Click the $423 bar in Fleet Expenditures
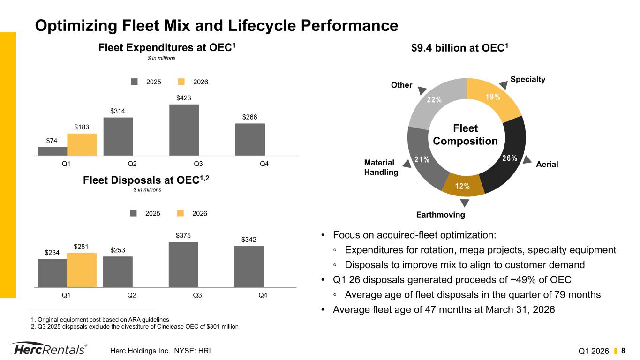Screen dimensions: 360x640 184,129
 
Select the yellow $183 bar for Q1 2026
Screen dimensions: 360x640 82,144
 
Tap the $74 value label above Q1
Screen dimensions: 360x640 52,141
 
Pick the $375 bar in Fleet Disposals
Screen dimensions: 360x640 183,264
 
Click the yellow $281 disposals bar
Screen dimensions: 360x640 82,270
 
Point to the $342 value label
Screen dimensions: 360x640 249,240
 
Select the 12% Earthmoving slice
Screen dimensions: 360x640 463,185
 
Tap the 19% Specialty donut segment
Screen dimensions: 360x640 492,98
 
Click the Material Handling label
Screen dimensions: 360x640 381,167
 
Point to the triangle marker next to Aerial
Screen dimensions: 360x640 527,159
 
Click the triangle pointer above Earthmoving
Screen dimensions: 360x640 464,202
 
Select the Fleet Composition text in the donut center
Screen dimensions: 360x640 466,135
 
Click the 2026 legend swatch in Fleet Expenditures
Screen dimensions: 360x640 182,82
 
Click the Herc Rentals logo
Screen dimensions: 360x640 49,350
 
